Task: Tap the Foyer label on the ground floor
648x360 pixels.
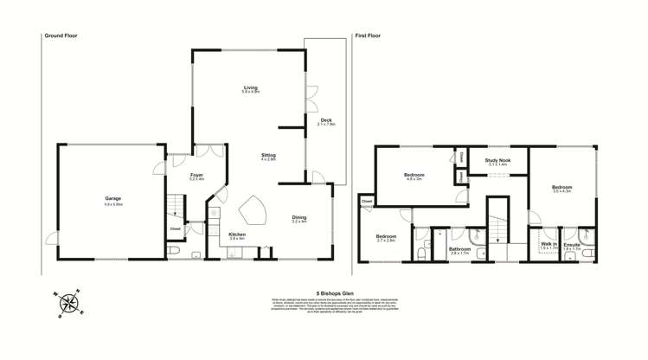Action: coord(196,177)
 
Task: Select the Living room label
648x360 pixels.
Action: coord(251,88)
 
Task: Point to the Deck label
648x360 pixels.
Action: coord(326,121)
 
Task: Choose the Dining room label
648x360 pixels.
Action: coord(299,218)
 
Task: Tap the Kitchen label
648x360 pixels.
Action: coord(237,235)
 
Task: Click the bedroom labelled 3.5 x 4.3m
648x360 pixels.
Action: coord(561,188)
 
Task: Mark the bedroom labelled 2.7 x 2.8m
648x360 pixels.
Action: coord(385,238)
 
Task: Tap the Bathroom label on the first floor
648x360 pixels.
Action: coord(459,251)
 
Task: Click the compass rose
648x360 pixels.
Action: coord(67,304)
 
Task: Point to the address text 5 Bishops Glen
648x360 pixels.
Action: coord(324,292)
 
